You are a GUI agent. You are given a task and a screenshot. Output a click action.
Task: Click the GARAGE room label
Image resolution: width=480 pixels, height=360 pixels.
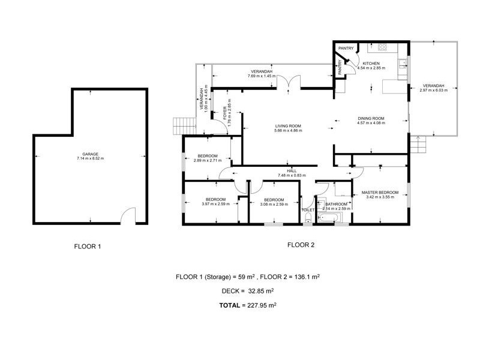[90, 154]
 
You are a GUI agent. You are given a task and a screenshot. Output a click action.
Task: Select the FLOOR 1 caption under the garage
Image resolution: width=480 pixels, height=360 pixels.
[88, 245]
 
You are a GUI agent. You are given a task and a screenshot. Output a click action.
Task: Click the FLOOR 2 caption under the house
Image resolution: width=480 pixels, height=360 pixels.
[301, 244]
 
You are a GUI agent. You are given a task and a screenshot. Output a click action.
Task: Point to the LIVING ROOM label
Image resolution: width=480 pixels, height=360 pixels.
[287, 126]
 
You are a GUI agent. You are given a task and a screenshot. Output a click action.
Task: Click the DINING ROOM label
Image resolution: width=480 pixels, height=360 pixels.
[370, 119]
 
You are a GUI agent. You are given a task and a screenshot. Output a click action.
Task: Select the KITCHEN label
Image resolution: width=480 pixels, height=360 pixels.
[370, 64]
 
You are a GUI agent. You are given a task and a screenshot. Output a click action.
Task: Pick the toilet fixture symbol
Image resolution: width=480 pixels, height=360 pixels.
[308, 219]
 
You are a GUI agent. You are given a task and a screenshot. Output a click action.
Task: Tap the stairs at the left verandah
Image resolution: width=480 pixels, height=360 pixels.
[181, 126]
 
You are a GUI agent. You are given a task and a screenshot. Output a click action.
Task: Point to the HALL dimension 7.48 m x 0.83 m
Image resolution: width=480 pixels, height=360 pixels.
[292, 175]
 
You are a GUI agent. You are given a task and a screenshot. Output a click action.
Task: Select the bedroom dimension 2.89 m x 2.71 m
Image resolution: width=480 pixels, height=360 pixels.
[205, 161]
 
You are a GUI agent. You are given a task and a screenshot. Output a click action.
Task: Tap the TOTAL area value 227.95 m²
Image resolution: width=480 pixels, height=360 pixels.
[257, 305]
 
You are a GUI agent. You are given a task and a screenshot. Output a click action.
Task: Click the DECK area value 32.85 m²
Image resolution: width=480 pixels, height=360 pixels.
[257, 291]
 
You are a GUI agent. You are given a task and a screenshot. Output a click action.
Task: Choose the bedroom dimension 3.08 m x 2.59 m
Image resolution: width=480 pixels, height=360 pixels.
[273, 204]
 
